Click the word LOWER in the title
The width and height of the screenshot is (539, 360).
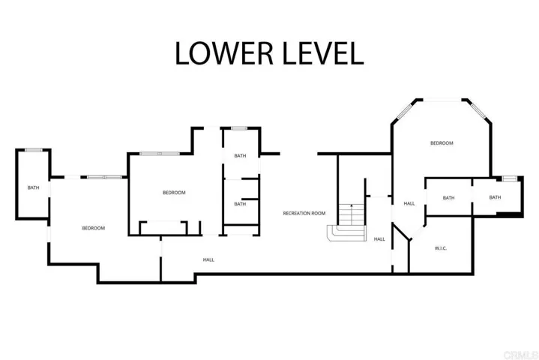pyautogui.click(x=224, y=53)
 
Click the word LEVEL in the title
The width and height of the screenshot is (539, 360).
pyautogui.click(x=323, y=53)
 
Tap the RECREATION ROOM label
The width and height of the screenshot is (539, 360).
pyautogui.click(x=304, y=213)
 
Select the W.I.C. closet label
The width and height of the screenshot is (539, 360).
pyautogui.click(x=441, y=248)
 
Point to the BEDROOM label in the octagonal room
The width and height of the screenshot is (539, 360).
pyautogui.click(x=442, y=143)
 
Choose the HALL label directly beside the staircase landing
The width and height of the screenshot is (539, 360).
pyautogui.click(x=379, y=239)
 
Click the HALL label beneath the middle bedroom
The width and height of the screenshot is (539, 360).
pyautogui.click(x=208, y=260)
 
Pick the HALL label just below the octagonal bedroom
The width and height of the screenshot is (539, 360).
pyautogui.click(x=409, y=203)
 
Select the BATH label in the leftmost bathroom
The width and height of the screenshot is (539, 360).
pyautogui.click(x=33, y=187)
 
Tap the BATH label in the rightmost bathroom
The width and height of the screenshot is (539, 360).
pyautogui.click(x=495, y=197)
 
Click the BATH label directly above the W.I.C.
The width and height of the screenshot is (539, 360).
pyautogui.click(x=448, y=198)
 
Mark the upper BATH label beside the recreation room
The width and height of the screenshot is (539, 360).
pyautogui.click(x=240, y=156)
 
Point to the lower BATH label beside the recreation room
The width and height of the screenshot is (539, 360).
pyautogui.click(x=240, y=204)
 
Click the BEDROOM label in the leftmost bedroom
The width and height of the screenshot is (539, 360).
pyautogui.click(x=94, y=228)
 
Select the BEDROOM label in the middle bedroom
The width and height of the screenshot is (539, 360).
pyautogui.click(x=174, y=193)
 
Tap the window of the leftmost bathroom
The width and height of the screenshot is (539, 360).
pyautogui.click(x=34, y=150)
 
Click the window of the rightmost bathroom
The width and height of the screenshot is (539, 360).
pyautogui.click(x=510, y=178)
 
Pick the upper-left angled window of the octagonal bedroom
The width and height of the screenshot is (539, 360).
pyautogui.click(x=405, y=112)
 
